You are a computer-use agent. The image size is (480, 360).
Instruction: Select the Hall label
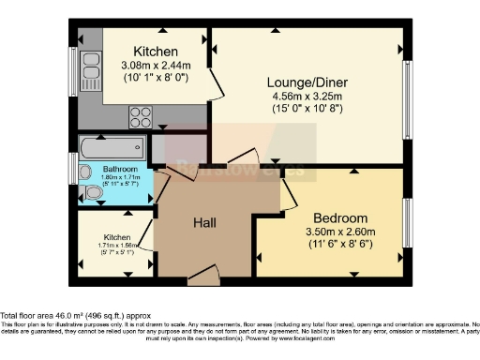click(205, 222)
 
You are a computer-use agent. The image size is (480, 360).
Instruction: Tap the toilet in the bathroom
click(92, 193)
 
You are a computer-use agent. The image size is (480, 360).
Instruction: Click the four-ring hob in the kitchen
click(140, 117)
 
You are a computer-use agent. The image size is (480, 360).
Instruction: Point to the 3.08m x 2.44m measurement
click(155, 66)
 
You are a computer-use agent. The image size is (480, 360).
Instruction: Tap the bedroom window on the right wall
click(407, 222)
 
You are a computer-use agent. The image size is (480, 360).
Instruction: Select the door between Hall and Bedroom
click(288, 191)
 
